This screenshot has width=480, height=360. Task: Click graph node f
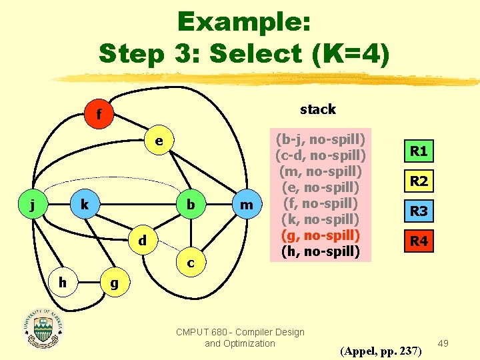98,115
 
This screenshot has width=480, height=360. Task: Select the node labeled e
159,142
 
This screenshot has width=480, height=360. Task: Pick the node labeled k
85,204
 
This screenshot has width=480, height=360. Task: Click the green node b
191,204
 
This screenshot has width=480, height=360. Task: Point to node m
247,205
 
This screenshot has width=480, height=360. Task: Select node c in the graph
191,263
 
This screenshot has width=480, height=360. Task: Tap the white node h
61,283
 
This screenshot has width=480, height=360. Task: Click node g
114,283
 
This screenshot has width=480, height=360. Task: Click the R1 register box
419,151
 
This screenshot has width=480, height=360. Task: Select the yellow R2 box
419,181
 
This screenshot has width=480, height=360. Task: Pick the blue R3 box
419,211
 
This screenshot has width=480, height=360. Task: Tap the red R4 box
419,241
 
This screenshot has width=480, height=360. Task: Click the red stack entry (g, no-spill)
320,235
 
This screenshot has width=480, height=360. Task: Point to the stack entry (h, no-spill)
320,251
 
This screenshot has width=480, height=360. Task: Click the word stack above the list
318,109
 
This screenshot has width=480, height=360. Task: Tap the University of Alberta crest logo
44,328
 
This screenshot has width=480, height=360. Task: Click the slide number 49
443,343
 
